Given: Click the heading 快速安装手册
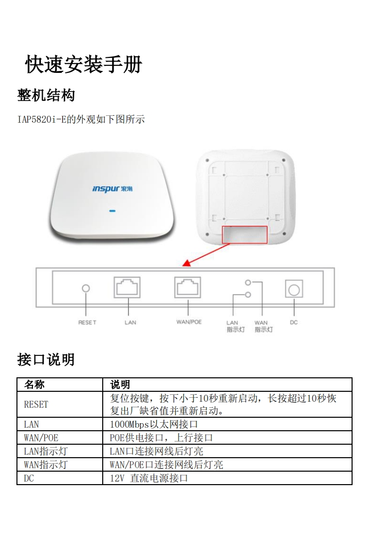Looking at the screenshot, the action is [x=84, y=65].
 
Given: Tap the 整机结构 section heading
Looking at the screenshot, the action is [x=46, y=95].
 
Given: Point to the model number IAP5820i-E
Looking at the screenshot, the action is [x=42, y=119].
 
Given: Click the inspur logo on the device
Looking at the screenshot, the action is [x=112, y=189].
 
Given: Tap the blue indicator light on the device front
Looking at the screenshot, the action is [x=112, y=211].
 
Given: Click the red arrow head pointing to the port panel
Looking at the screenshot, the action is [x=187, y=264].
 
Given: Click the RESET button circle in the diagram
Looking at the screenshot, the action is [x=86, y=288].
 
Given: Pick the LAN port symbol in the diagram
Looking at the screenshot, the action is [x=127, y=287].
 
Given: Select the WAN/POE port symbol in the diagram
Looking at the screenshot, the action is [x=188, y=287].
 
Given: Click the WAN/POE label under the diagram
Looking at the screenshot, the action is [x=189, y=322].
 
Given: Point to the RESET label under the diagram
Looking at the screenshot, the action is [x=87, y=322].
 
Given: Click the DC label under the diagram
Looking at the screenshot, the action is [x=294, y=322].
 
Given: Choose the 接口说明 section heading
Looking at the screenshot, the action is [x=46, y=360].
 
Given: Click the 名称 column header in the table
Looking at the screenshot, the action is [x=34, y=385].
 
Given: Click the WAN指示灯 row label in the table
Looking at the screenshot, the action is [x=45, y=465].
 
